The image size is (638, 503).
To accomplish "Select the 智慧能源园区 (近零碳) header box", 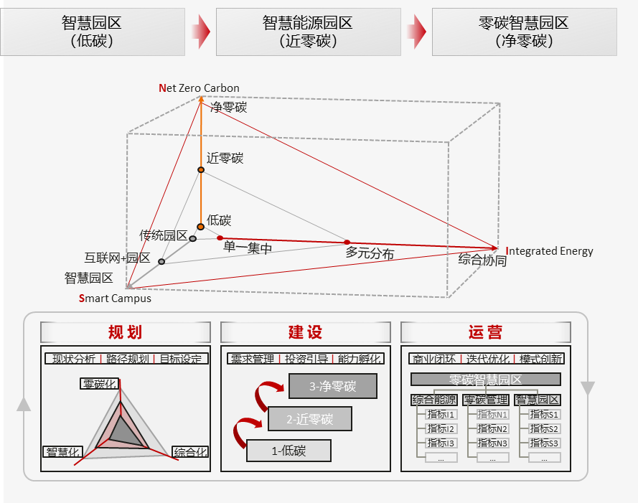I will point(308,32).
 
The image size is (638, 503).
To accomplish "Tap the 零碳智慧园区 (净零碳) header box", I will point(524,32).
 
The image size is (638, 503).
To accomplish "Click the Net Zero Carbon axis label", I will point(199,88).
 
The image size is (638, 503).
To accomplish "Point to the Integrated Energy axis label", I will point(550,251).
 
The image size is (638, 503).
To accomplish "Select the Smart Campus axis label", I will point(115,298).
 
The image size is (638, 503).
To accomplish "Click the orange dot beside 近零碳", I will point(201,169).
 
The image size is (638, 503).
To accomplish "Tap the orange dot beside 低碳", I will point(201,227).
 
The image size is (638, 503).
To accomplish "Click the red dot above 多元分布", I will point(347,242).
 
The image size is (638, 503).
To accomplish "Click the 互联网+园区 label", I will point(117,258).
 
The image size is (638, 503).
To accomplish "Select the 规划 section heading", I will point(125,332).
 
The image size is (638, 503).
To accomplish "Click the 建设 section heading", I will point(305,332).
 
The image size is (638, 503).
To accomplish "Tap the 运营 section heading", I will point(485,332).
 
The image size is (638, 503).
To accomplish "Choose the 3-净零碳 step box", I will point(332,387).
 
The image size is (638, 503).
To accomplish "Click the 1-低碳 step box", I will point(288,451).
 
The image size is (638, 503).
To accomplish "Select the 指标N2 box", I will point(492,429).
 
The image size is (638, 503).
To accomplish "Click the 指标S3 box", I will point(544,443).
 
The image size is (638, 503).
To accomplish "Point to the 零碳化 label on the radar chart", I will point(99,384).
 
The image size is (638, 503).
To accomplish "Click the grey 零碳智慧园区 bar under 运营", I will point(485,380).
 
